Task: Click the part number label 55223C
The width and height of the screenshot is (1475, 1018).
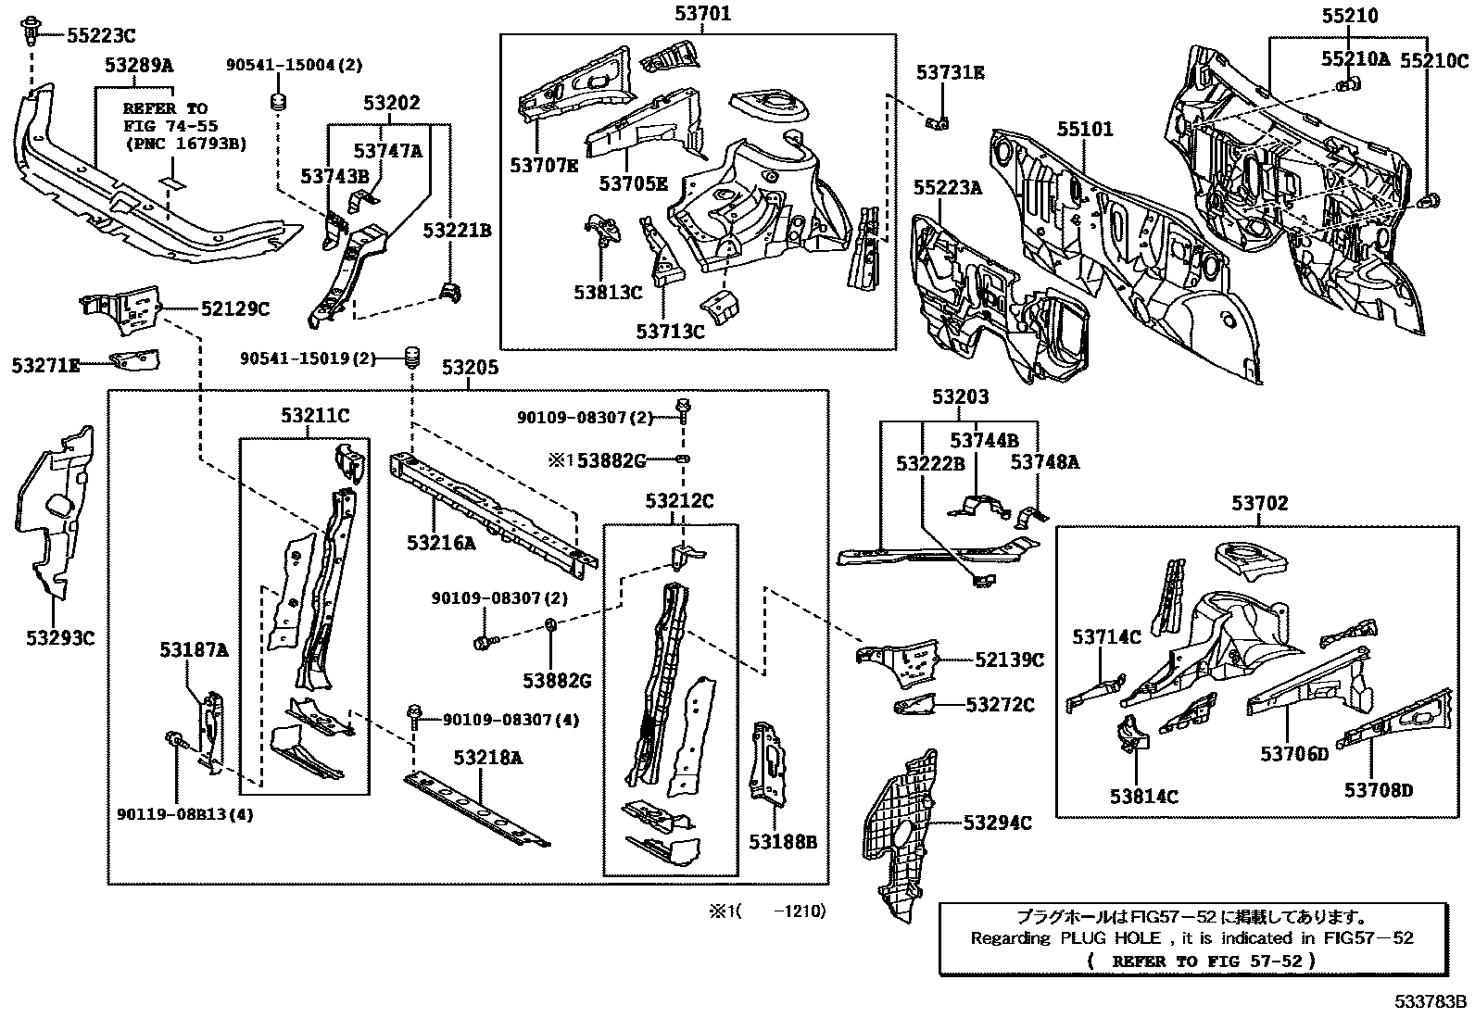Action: [100, 36]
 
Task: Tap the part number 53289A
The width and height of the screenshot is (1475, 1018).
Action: [138, 65]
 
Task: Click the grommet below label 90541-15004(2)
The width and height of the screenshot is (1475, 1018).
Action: [276, 101]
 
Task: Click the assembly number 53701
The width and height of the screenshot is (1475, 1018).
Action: [701, 14]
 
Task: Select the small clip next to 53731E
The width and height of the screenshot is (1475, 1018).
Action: [937, 121]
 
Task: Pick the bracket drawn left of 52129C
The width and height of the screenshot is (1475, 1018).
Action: [120, 308]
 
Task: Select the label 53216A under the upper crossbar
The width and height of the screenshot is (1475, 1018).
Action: [441, 544]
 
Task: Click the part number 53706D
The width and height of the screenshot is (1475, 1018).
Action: [1293, 753]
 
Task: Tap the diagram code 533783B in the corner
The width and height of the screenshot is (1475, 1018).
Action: [1432, 1001]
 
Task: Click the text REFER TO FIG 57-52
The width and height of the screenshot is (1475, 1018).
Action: [1199, 961]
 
